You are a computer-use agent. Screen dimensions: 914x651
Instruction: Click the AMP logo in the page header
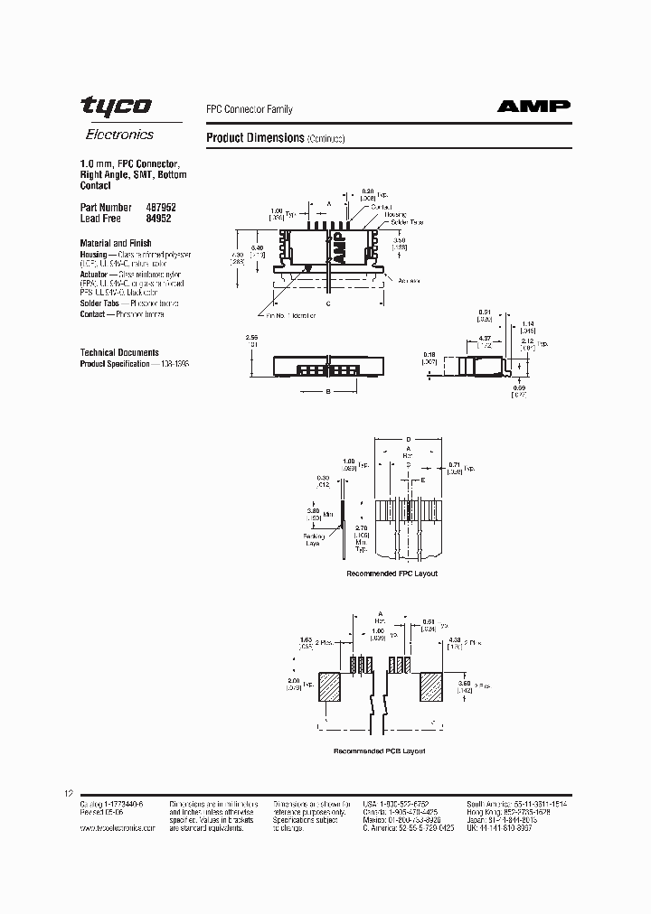click(533, 107)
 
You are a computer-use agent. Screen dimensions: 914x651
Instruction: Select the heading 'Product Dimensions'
click(256, 138)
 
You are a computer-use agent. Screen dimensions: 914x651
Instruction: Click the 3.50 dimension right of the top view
click(398, 241)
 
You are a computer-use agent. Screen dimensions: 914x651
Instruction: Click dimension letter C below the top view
click(327, 303)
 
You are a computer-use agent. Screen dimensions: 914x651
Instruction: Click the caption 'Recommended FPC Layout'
click(392, 574)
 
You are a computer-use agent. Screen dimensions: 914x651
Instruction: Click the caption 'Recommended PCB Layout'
click(379, 751)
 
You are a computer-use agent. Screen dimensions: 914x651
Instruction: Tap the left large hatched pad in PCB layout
click(331, 686)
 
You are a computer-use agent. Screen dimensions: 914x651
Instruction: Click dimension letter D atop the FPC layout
click(408, 438)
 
